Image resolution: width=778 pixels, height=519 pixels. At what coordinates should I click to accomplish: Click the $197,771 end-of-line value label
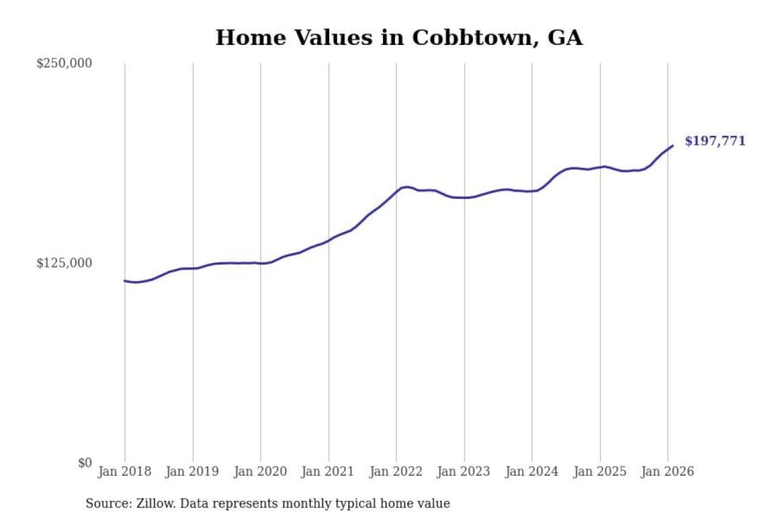715,141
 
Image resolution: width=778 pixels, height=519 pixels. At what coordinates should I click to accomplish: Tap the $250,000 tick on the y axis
64,63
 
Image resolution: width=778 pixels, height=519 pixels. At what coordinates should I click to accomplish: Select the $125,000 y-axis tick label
64,263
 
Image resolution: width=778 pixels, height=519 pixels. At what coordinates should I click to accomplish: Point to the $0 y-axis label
85,463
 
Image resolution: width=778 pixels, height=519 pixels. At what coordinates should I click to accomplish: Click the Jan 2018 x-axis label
124,471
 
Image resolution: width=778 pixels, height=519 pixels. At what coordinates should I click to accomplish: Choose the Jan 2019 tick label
192,471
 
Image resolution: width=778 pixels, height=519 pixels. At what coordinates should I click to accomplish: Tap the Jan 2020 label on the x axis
260,471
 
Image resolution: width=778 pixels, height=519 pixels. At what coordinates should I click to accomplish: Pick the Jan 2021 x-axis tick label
327,471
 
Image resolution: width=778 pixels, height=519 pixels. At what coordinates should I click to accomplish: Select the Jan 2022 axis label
395,471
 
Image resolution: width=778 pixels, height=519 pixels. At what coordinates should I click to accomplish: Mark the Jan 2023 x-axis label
463,471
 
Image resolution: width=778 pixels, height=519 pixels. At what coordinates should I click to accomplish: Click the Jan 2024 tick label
531,471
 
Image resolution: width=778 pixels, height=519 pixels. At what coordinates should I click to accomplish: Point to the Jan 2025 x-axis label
599,471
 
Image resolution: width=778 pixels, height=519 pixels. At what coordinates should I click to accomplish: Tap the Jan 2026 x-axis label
667,471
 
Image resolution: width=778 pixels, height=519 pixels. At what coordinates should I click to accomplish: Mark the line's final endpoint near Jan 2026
673,145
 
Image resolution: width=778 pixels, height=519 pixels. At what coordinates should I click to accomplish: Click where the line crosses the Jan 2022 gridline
396,191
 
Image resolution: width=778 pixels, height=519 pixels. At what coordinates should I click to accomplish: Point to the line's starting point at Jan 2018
125,281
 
